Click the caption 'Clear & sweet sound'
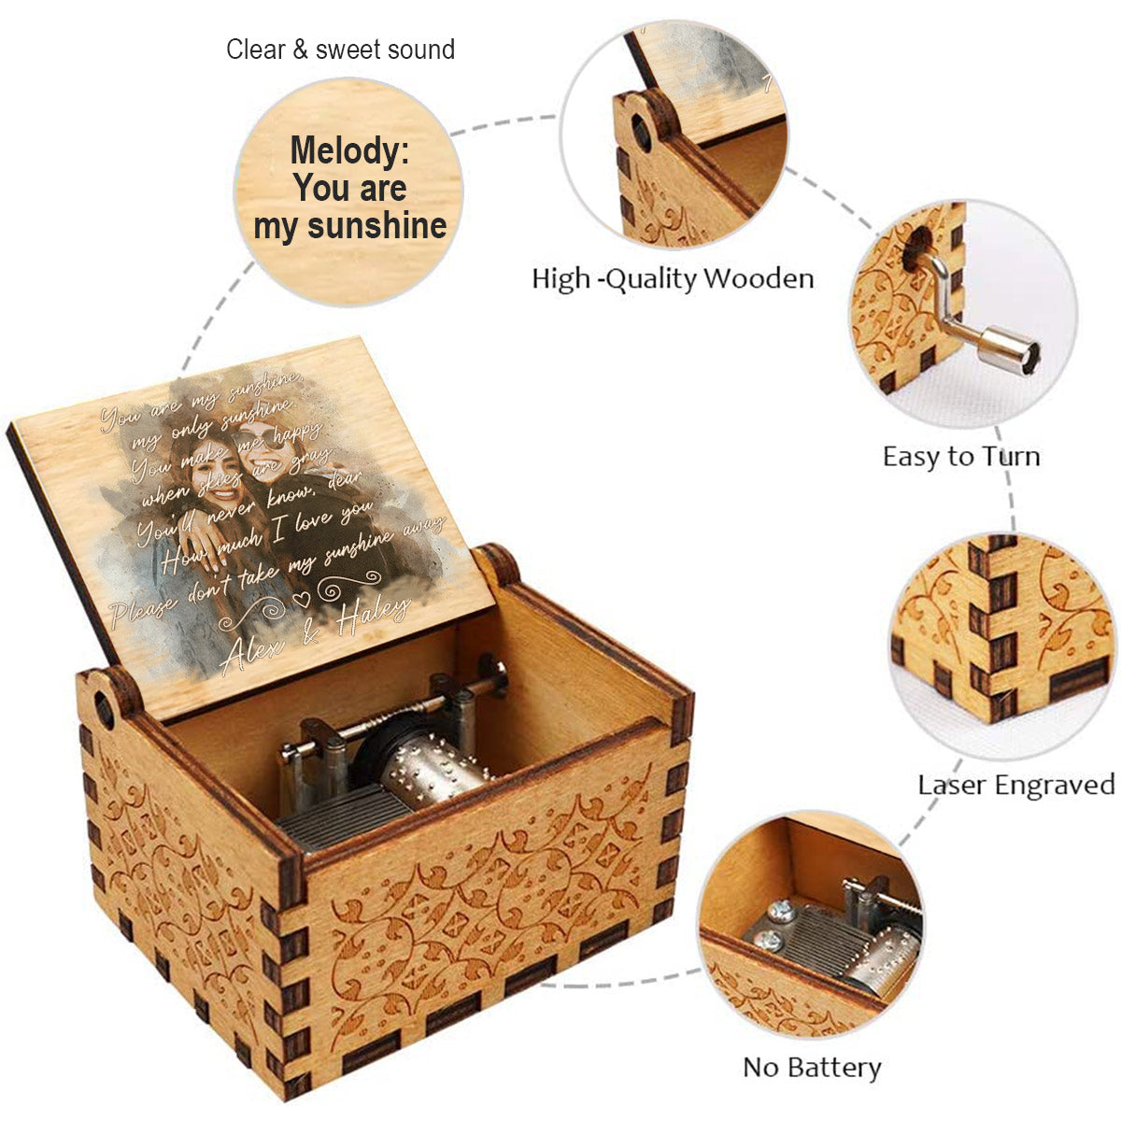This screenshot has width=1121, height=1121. [340, 50]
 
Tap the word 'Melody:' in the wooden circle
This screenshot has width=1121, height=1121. [349, 150]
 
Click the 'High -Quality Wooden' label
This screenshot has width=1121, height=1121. [673, 278]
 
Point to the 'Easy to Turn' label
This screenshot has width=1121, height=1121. [961, 456]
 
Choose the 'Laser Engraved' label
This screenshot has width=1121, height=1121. [1016, 784]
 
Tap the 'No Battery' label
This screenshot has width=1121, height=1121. [812, 1067]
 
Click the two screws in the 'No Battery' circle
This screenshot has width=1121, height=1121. [774, 926]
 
